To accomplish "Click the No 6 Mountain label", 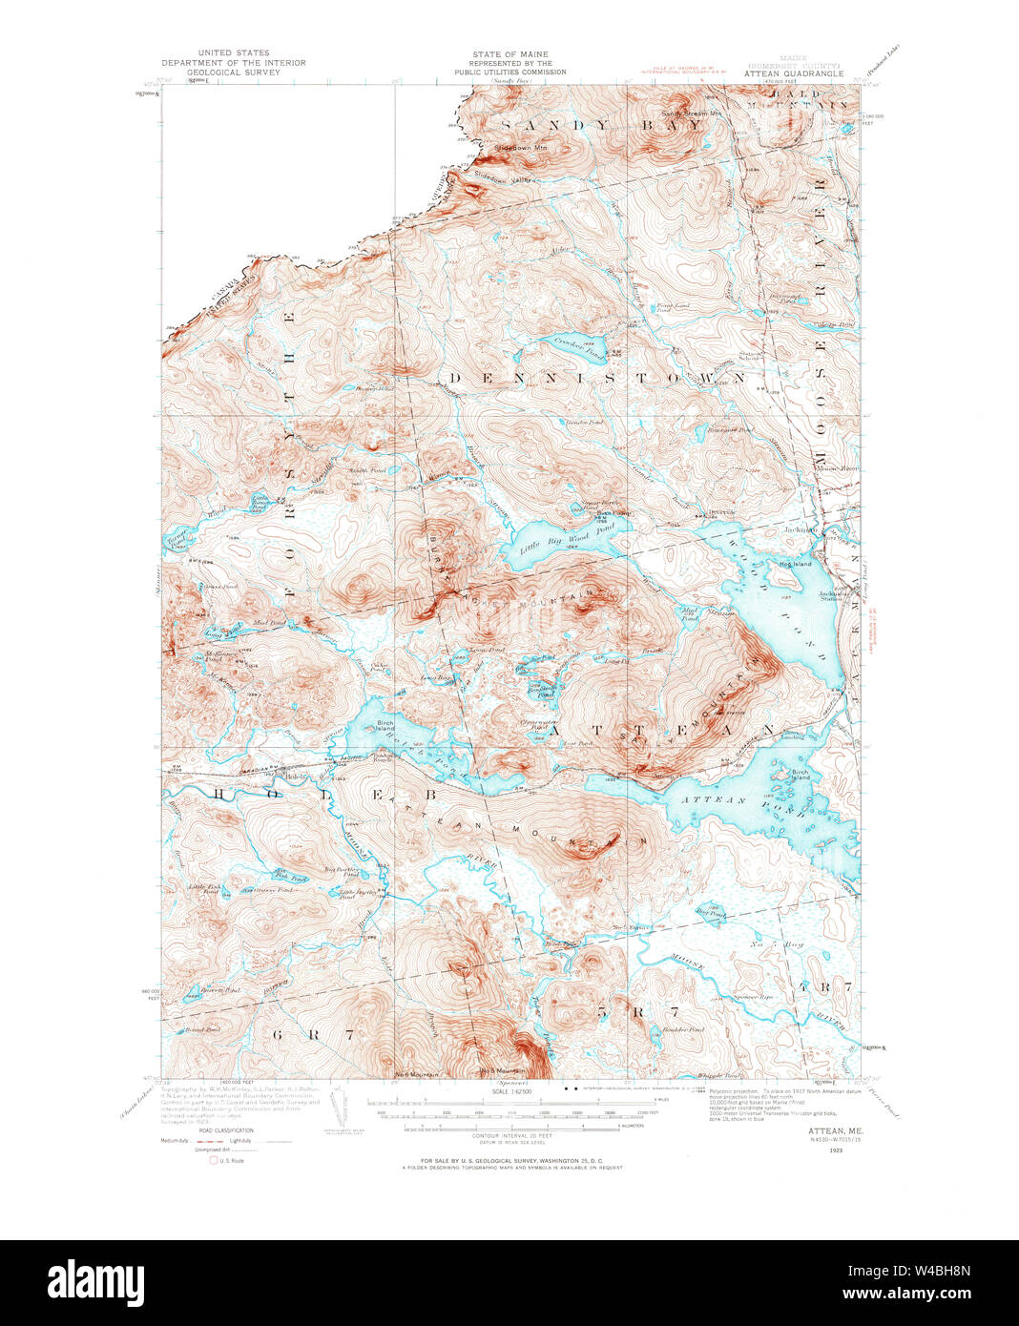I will pos(418,1074).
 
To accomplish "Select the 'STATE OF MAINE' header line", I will pos(510,54).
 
